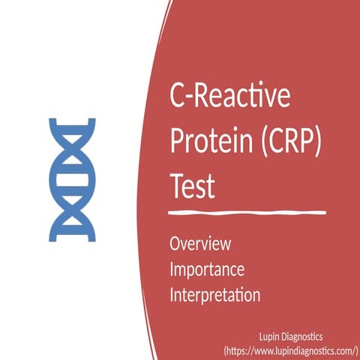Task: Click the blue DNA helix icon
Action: point(72,179)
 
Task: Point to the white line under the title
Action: point(247,214)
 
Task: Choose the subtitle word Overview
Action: point(200,244)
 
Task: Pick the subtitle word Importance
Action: point(207,269)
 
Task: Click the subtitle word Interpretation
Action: point(215,295)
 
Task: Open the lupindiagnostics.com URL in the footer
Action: point(291,350)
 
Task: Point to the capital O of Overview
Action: point(175,244)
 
